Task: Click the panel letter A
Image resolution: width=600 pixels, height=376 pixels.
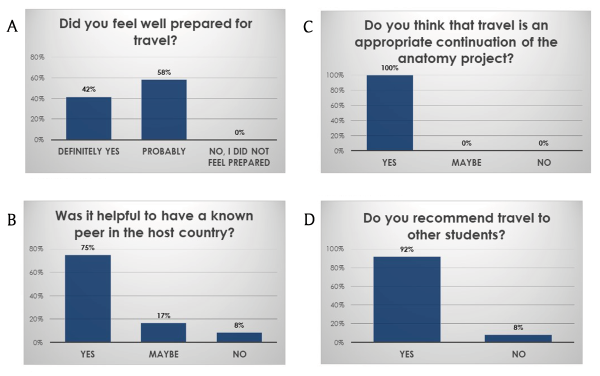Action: coord(12,27)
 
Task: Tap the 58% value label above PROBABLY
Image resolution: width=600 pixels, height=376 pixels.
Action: coord(164,72)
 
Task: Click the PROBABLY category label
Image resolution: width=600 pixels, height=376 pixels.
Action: coord(164,151)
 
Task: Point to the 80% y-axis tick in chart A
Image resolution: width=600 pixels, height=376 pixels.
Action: coord(38,57)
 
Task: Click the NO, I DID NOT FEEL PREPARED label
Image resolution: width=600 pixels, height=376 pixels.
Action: coord(239,156)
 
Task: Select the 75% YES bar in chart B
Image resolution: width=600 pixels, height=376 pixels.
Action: coord(88,298)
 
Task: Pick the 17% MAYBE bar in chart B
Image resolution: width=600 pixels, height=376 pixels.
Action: coord(163,332)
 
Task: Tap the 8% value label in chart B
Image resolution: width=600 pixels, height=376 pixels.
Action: coord(239,325)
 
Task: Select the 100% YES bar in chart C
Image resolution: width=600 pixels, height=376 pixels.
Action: coord(389,112)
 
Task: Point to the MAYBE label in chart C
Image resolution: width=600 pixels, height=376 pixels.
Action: coord(466,162)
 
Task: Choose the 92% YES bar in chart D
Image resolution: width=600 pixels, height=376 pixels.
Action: coord(406,299)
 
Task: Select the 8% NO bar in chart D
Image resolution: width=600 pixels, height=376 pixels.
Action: coord(518,338)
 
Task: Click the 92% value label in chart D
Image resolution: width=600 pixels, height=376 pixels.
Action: coord(406,249)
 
